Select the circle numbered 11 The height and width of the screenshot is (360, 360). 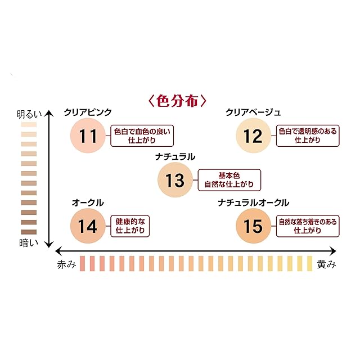pos(88,136)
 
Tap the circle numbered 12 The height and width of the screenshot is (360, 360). pos(253,136)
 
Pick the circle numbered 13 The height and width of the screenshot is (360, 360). pos(175,180)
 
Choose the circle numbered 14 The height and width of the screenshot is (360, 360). pos(87,226)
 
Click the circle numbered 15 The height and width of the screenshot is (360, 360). pos(253,226)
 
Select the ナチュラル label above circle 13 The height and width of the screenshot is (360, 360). pos(175,157)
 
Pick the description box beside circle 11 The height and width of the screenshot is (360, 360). pos(141,136)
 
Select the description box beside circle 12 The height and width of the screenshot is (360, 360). pos(308,136)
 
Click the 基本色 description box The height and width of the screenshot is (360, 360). pos(229,180)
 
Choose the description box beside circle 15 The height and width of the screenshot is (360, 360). pos(308,226)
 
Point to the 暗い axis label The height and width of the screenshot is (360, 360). pos(27,244)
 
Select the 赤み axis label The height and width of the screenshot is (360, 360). pos(66,265)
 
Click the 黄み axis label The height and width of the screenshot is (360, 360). pos(326,265)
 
